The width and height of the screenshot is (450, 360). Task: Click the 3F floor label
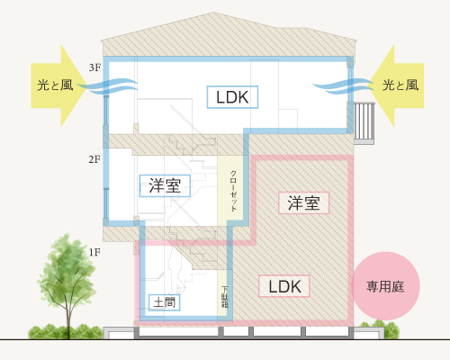pyautogui.click(x=94, y=67)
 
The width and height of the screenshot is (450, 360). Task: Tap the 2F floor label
pyautogui.click(x=94, y=159)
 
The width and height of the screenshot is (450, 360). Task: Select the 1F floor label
pyautogui.click(x=94, y=252)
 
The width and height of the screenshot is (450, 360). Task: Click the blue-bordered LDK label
pyautogui.click(x=232, y=97)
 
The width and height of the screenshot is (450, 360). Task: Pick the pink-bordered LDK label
pyautogui.click(x=284, y=286)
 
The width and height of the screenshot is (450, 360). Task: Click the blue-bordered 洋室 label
pyautogui.click(x=165, y=185)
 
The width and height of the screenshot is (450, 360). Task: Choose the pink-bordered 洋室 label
pyautogui.click(x=304, y=203)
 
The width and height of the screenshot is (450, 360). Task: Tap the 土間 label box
pyautogui.click(x=165, y=302)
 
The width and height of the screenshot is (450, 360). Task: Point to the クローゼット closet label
pyautogui.click(x=233, y=191)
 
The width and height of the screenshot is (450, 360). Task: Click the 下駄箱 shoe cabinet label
pyautogui.click(x=225, y=297)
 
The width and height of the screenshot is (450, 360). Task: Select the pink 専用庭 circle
pyautogui.click(x=385, y=286)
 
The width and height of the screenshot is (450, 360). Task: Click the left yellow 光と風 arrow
pyautogui.click(x=58, y=85)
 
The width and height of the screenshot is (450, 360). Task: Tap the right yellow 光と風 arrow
pyautogui.click(x=396, y=85)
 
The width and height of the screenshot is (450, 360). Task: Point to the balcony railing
pyautogui.click(x=364, y=123)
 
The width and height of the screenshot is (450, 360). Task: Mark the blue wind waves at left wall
pyautogui.click(x=107, y=86)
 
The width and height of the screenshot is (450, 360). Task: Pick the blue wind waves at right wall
pyautogui.click(x=344, y=86)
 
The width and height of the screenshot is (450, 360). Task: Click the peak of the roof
pyautogui.click(x=213, y=13)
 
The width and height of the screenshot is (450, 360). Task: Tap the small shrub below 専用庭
pyautogui.click(x=379, y=328)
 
